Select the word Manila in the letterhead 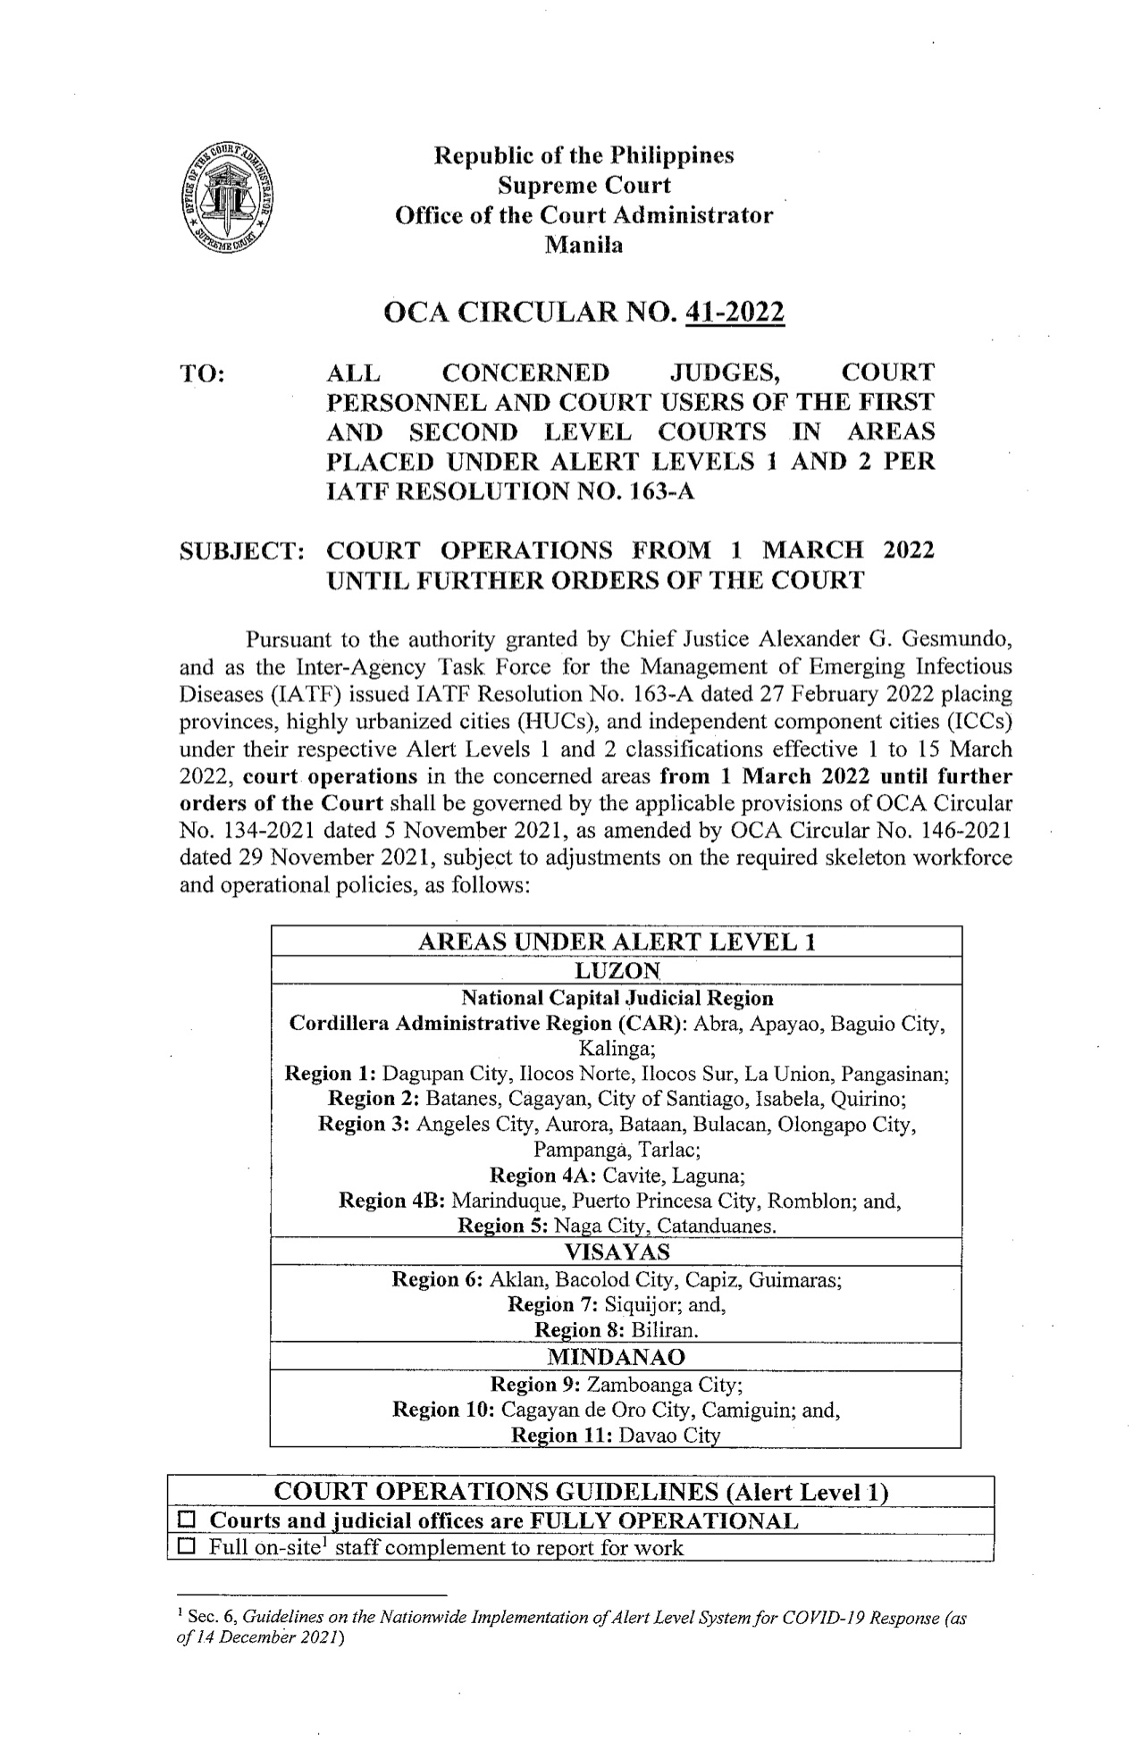584,245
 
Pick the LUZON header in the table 615,970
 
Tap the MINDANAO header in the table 615,1357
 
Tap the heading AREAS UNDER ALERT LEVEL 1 615,942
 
